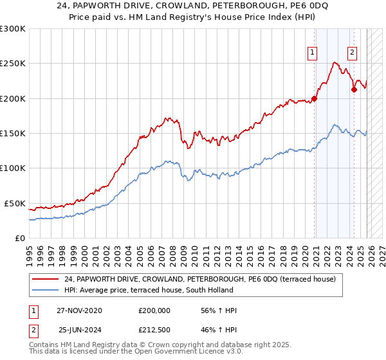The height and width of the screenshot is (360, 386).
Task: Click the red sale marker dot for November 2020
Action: [x=315, y=98]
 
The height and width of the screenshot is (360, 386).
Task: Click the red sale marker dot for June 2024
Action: [x=354, y=90]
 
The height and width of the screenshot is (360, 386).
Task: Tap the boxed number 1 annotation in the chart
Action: [x=313, y=53]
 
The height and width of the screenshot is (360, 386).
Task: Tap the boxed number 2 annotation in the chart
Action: [x=353, y=53]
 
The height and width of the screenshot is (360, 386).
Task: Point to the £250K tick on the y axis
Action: [x=13, y=64]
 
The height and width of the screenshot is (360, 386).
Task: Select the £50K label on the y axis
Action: [x=15, y=203]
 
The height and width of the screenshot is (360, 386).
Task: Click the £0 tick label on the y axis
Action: [x=19, y=238]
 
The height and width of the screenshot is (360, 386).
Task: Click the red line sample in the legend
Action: [x=46, y=279]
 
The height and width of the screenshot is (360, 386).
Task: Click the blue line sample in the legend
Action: [x=46, y=290]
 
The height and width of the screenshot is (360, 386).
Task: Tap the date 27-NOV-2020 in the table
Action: [x=79, y=311]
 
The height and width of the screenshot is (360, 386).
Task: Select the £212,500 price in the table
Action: [x=154, y=330]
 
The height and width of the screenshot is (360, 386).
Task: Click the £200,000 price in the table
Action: [x=154, y=311]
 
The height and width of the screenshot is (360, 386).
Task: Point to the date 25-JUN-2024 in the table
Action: [x=79, y=330]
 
